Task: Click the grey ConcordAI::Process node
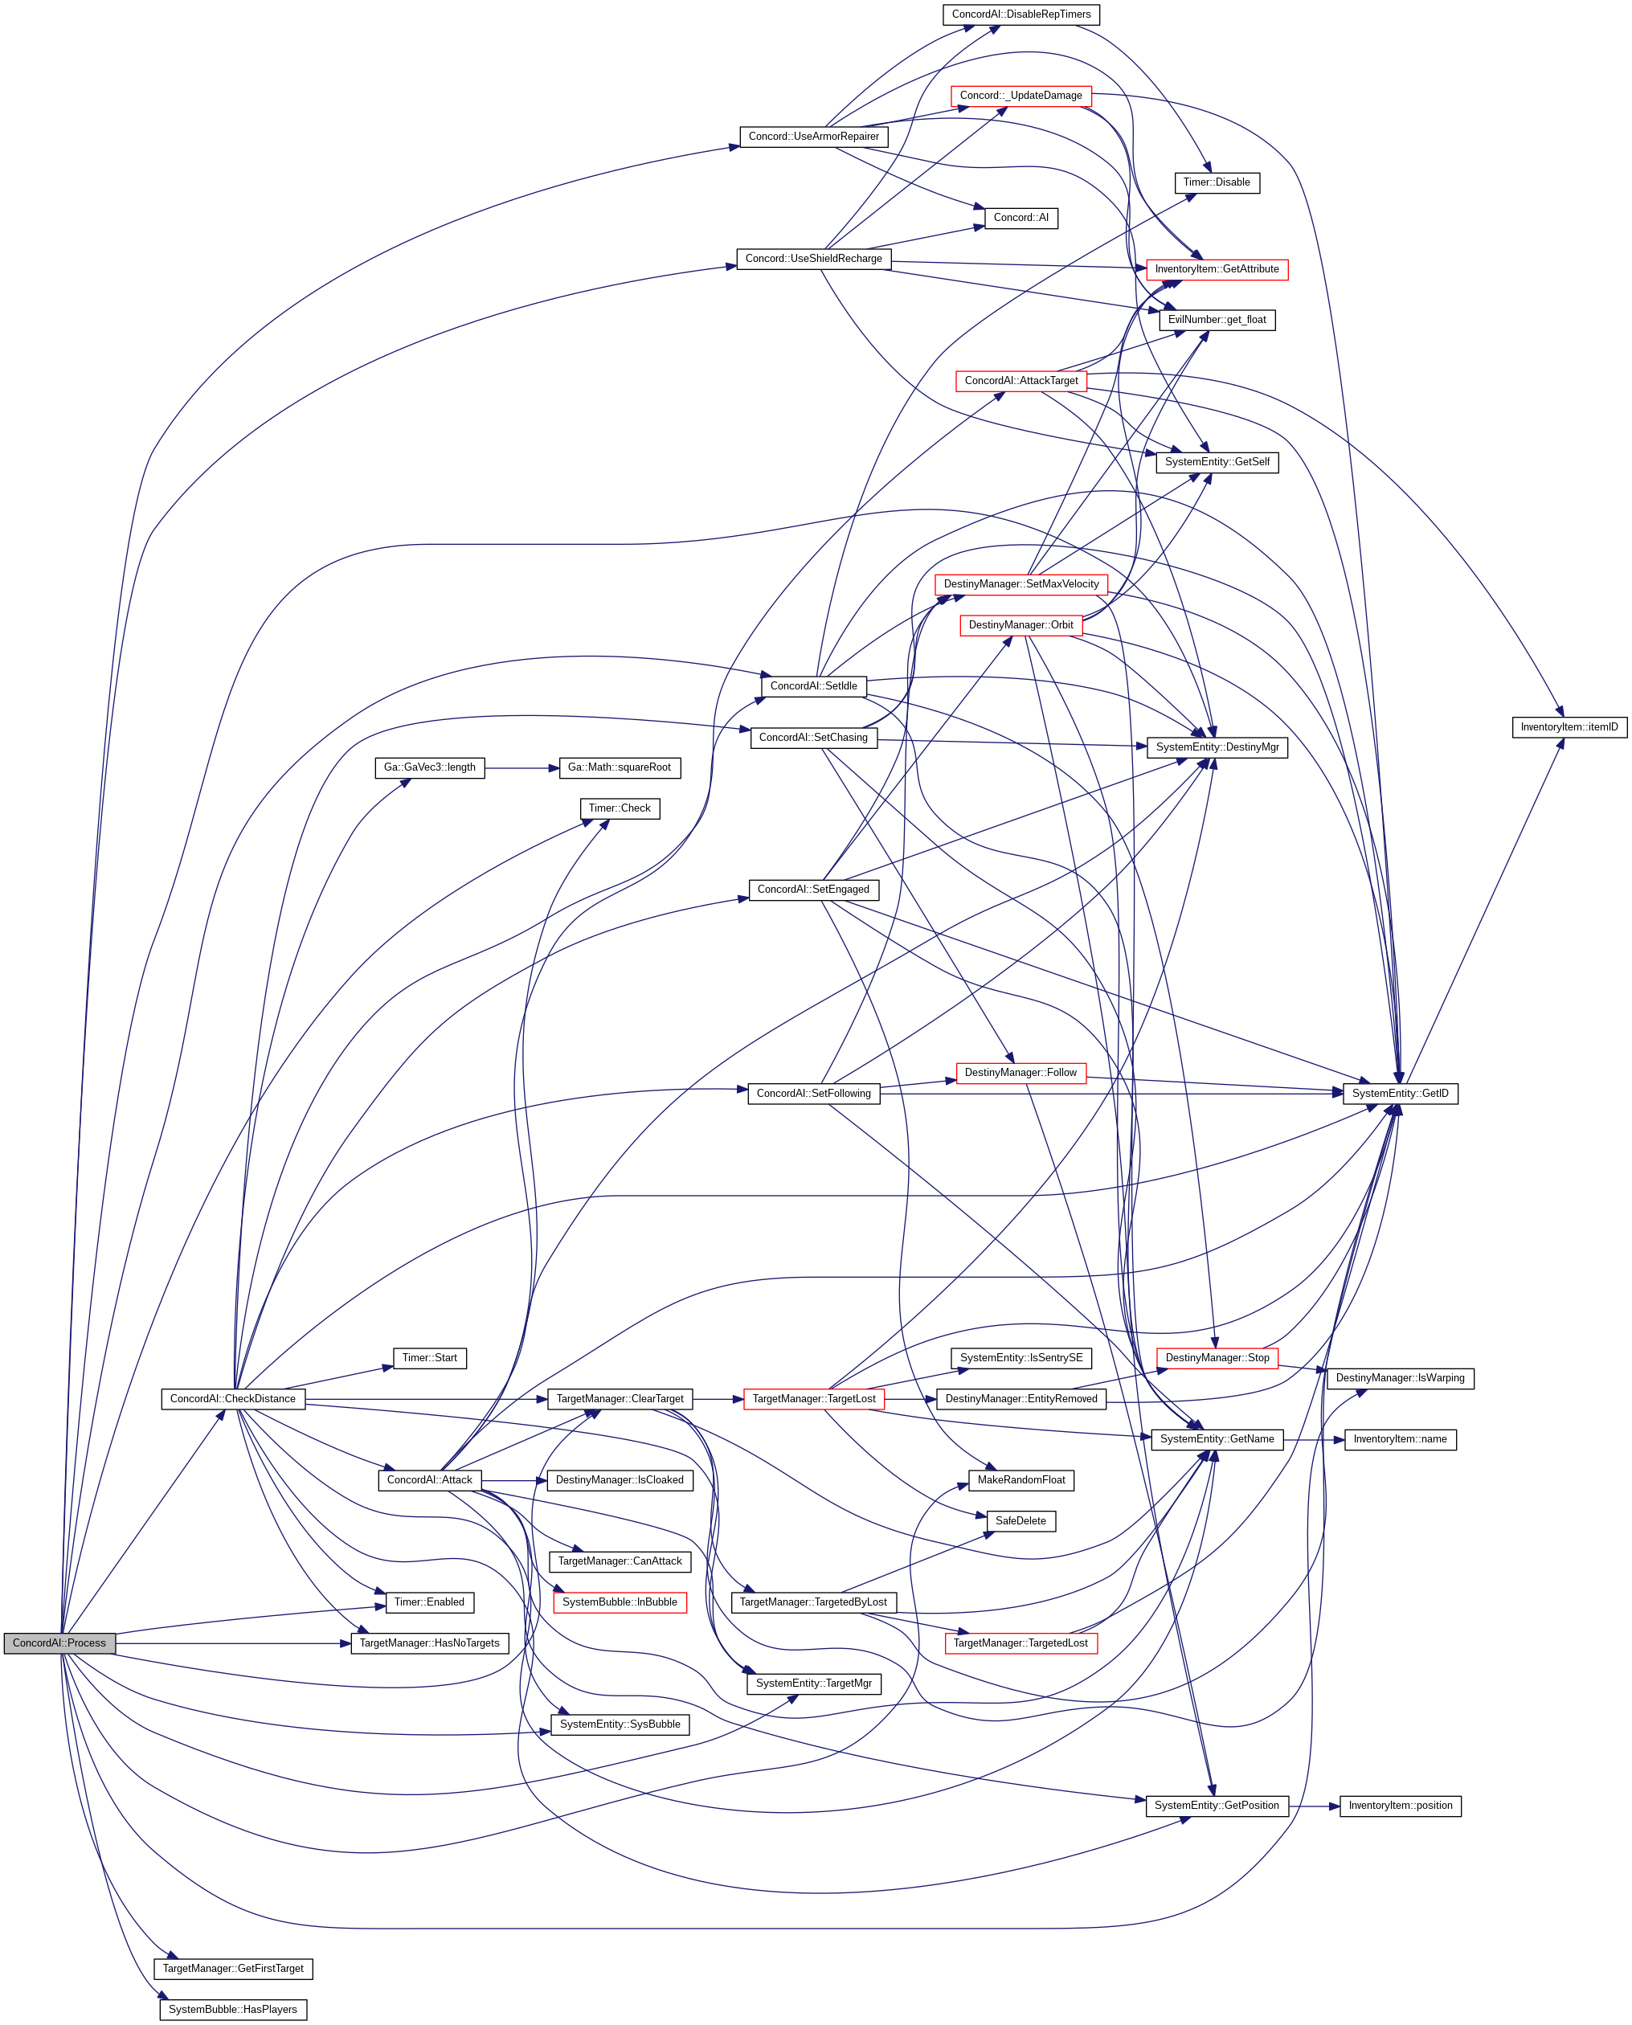pyautogui.click(x=59, y=1642)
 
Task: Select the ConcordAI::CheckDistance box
pyautogui.click(x=233, y=1398)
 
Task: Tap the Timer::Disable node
pyautogui.click(x=1217, y=182)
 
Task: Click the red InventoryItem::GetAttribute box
pyautogui.click(x=1217, y=269)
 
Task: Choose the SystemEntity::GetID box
pyautogui.click(x=1400, y=1094)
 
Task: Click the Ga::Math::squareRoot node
pyautogui.click(x=619, y=767)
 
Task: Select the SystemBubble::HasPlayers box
pyautogui.click(x=233, y=2009)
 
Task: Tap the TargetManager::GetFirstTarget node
pyautogui.click(x=233, y=1968)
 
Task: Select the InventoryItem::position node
pyautogui.click(x=1400, y=1805)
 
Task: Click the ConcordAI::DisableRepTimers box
pyautogui.click(x=1021, y=14)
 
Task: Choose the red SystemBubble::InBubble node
pyautogui.click(x=620, y=1602)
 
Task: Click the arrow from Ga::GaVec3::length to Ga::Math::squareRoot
pyautogui.click(x=522, y=768)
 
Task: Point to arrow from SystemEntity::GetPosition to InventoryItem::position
pyautogui.click(x=1315, y=1806)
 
